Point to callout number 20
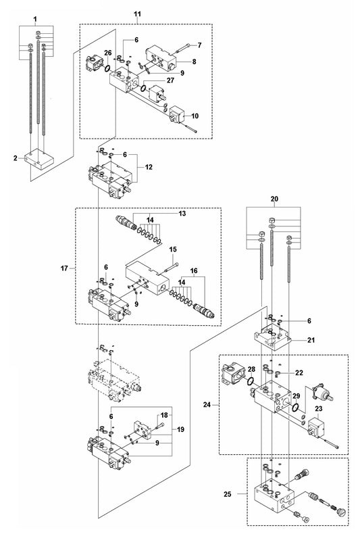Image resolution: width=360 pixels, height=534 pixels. click(x=274, y=199)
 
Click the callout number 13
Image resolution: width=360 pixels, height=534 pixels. click(x=182, y=214)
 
